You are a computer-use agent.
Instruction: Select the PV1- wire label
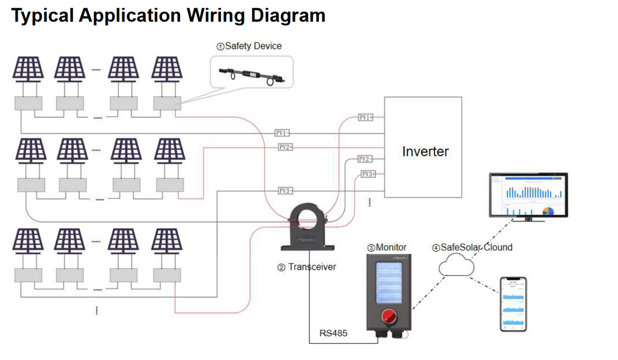(x=283, y=133)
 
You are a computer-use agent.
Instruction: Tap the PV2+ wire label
(x=285, y=147)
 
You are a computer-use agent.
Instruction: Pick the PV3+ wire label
(x=368, y=174)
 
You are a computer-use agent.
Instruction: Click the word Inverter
(x=425, y=151)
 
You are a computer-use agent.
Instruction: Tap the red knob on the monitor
(x=387, y=317)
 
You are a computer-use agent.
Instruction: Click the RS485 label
(x=333, y=333)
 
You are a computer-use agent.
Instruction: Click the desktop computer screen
(x=528, y=194)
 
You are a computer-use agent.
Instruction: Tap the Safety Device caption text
(x=249, y=46)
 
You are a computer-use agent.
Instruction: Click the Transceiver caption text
(x=307, y=267)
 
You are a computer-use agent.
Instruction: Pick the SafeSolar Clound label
(x=473, y=247)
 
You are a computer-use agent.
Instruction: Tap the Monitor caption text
(x=387, y=247)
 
